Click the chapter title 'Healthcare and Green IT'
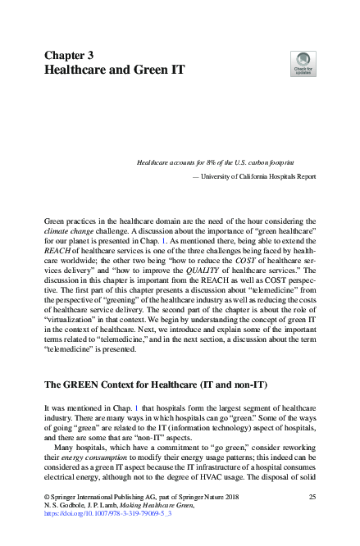coord(114,71)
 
